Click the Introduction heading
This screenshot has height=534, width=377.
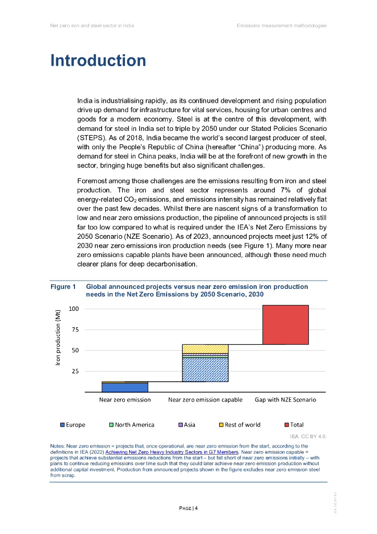98,60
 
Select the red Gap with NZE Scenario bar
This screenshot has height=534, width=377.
285,324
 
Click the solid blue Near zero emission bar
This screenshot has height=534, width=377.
125,387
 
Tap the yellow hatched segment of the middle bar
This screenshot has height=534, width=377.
205,348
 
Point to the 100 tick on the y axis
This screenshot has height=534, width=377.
73,309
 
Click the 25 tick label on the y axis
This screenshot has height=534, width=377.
74,371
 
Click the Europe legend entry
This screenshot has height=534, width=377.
73,424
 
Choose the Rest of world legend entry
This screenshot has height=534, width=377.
239,424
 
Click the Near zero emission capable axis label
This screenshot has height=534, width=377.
205,399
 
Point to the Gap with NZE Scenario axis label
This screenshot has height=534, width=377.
285,399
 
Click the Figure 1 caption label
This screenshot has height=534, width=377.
63,287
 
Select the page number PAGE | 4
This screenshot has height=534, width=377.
188,508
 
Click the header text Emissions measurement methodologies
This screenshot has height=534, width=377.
281,26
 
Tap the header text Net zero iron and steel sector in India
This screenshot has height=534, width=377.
92,26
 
